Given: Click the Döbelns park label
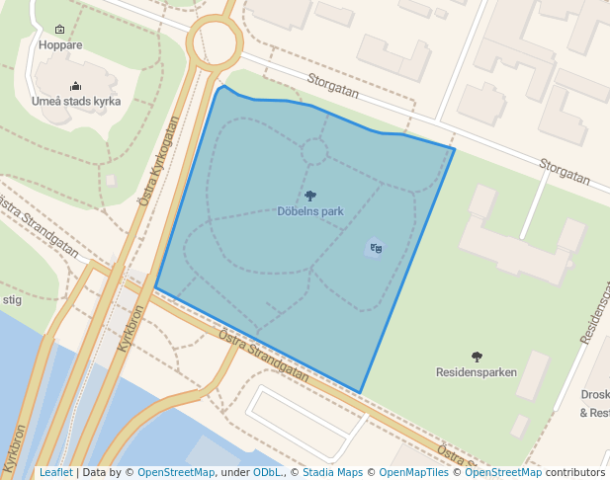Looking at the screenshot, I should point(309,211).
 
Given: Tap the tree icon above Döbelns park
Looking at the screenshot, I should point(310,197).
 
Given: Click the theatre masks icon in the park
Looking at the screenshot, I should point(375,248).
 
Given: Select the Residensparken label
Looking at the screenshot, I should point(477,372).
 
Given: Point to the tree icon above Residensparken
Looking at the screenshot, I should point(477,357).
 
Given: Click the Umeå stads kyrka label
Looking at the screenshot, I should point(76,101).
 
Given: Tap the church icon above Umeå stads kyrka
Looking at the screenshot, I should point(76,86).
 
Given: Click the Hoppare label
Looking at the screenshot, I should point(59,44).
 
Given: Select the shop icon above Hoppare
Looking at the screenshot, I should point(59,30).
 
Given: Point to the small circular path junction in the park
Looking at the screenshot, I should point(314,152).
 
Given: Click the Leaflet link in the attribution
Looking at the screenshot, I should point(55,473).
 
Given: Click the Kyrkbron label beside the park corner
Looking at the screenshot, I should point(131,328).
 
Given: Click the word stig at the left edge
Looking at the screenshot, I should point(12,299).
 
